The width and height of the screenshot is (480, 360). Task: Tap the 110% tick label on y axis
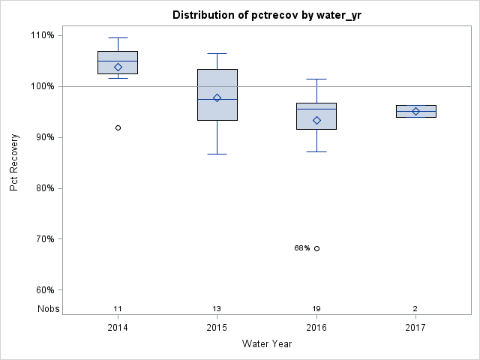pyautogui.click(x=42, y=35)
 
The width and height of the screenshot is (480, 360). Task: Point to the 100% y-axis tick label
pyautogui.click(x=42, y=86)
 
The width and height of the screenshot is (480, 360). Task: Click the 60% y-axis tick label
pyautogui.click(x=44, y=290)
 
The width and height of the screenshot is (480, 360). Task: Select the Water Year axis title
pyautogui.click(x=266, y=344)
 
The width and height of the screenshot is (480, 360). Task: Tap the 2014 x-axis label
pyautogui.click(x=118, y=328)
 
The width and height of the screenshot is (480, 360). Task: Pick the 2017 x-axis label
pyautogui.click(x=415, y=328)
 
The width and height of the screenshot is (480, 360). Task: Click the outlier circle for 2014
pyautogui.click(x=118, y=128)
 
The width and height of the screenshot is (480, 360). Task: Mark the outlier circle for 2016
pyautogui.click(x=316, y=248)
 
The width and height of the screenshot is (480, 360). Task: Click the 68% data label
pyautogui.click(x=301, y=248)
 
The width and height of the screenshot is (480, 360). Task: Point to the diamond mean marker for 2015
pyautogui.click(x=217, y=98)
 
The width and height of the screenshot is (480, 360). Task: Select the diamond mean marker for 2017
pyautogui.click(x=415, y=112)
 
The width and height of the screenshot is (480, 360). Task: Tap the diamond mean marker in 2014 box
pyautogui.click(x=118, y=67)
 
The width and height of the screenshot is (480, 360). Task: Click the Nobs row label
pyautogui.click(x=49, y=309)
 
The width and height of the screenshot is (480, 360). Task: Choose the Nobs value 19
pyautogui.click(x=316, y=309)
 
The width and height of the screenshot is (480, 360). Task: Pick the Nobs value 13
pyautogui.click(x=217, y=309)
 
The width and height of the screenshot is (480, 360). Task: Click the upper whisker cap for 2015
pyautogui.click(x=217, y=54)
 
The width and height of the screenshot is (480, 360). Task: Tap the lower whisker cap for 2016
pyautogui.click(x=316, y=151)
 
